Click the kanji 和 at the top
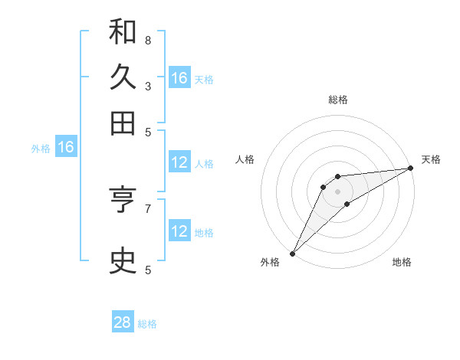tap(123, 32)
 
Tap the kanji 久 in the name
tap(123, 77)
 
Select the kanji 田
tap(123, 123)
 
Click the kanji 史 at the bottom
tap(123, 261)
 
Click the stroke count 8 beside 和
tap(148, 40)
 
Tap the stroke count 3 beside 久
tap(148, 86)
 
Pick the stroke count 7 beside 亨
tap(148, 208)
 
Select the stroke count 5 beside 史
tap(148, 270)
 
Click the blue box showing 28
tap(123, 322)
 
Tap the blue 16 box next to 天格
tap(179, 78)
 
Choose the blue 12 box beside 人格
tap(179, 162)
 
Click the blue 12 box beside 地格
tap(179, 231)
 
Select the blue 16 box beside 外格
tap(66, 147)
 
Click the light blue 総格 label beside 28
tap(147, 324)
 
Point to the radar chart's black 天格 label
tap(431, 159)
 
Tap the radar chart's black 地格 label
tap(402, 263)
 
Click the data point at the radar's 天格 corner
tap(411, 169)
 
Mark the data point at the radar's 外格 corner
tap(292, 253)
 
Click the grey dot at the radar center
tap(337, 191)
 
